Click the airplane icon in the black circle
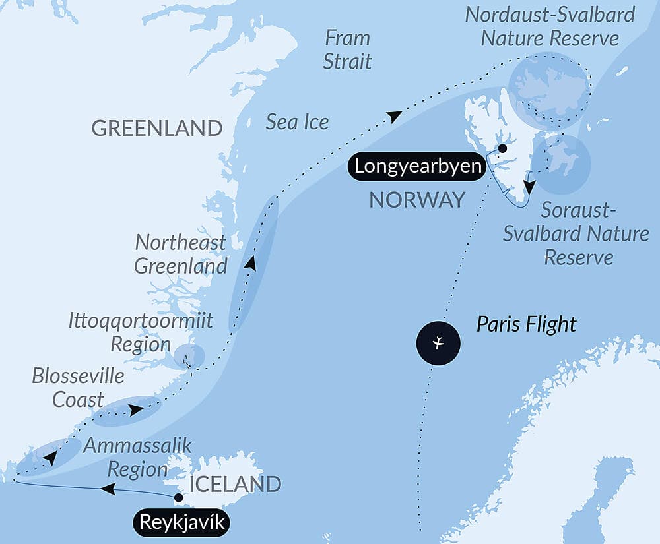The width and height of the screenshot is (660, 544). point(438,343)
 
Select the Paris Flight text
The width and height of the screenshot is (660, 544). point(527,324)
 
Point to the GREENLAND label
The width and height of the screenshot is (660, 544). point(157,128)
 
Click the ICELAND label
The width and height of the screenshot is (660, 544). point(236,484)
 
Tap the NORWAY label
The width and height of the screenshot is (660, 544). point(417,200)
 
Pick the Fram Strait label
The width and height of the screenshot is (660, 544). point(348,49)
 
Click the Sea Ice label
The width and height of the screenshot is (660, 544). point(297,121)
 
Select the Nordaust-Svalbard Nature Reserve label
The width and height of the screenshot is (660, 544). point(550,26)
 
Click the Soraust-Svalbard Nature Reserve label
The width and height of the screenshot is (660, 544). point(576,233)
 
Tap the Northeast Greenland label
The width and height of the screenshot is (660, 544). point(181,254)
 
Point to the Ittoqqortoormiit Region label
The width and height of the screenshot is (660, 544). point(141,332)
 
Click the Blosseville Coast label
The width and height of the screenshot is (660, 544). point(78,387)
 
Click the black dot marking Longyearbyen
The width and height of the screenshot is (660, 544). point(502,148)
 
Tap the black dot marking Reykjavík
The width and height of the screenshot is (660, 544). point(178,497)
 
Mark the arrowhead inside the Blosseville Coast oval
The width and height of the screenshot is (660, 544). point(135,410)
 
